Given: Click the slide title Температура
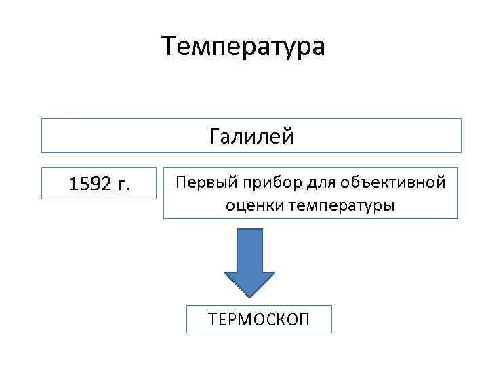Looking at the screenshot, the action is click(244, 46).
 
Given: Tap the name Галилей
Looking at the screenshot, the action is click(251, 137).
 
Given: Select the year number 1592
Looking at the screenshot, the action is click(91, 184).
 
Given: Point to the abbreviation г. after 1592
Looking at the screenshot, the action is click(123, 184).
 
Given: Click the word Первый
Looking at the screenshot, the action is click(200, 182).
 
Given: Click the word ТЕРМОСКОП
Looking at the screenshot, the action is click(260, 319).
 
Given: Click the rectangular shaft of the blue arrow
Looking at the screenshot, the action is click(249, 249).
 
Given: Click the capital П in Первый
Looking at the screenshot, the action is click(181, 182).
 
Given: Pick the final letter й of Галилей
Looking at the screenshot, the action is click(289, 136).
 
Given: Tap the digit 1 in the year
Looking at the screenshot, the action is click(75, 184).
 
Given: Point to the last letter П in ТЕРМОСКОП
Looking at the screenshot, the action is click(304, 319).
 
